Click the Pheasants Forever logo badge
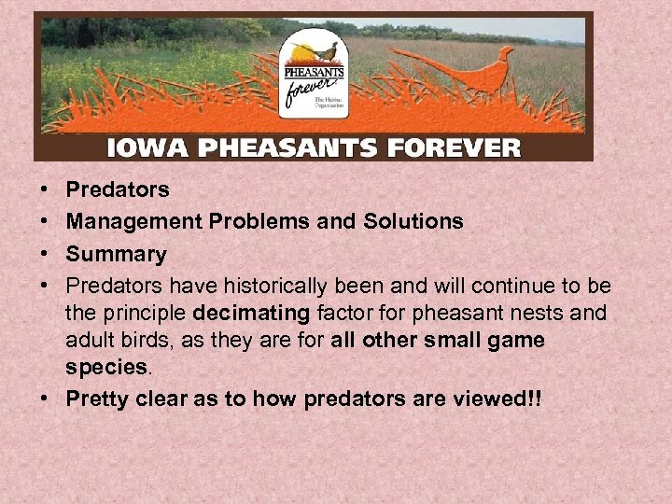[x=313, y=79]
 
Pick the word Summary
[x=116, y=254]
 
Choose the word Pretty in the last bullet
[x=98, y=399]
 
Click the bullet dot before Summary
[x=46, y=254]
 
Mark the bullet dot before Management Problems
[x=46, y=221]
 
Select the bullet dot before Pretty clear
[x=46, y=399]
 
